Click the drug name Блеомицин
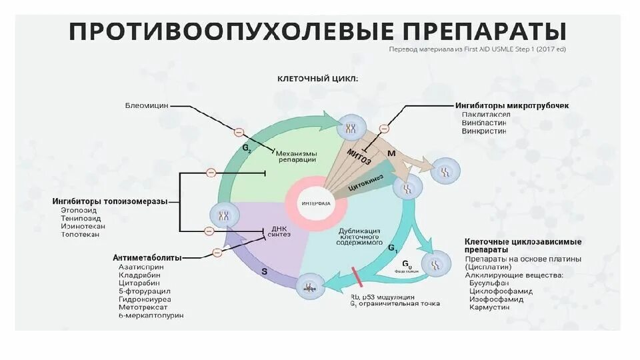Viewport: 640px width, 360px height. coord(147,105)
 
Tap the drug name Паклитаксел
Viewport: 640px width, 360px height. coord(486,114)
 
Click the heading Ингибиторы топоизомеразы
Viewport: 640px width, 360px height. coord(110,201)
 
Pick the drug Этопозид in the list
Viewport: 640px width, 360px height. coord(78,211)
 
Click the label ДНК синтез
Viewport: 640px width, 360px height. coord(279,231)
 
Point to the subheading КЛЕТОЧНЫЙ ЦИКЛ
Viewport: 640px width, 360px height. coord(317,78)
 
